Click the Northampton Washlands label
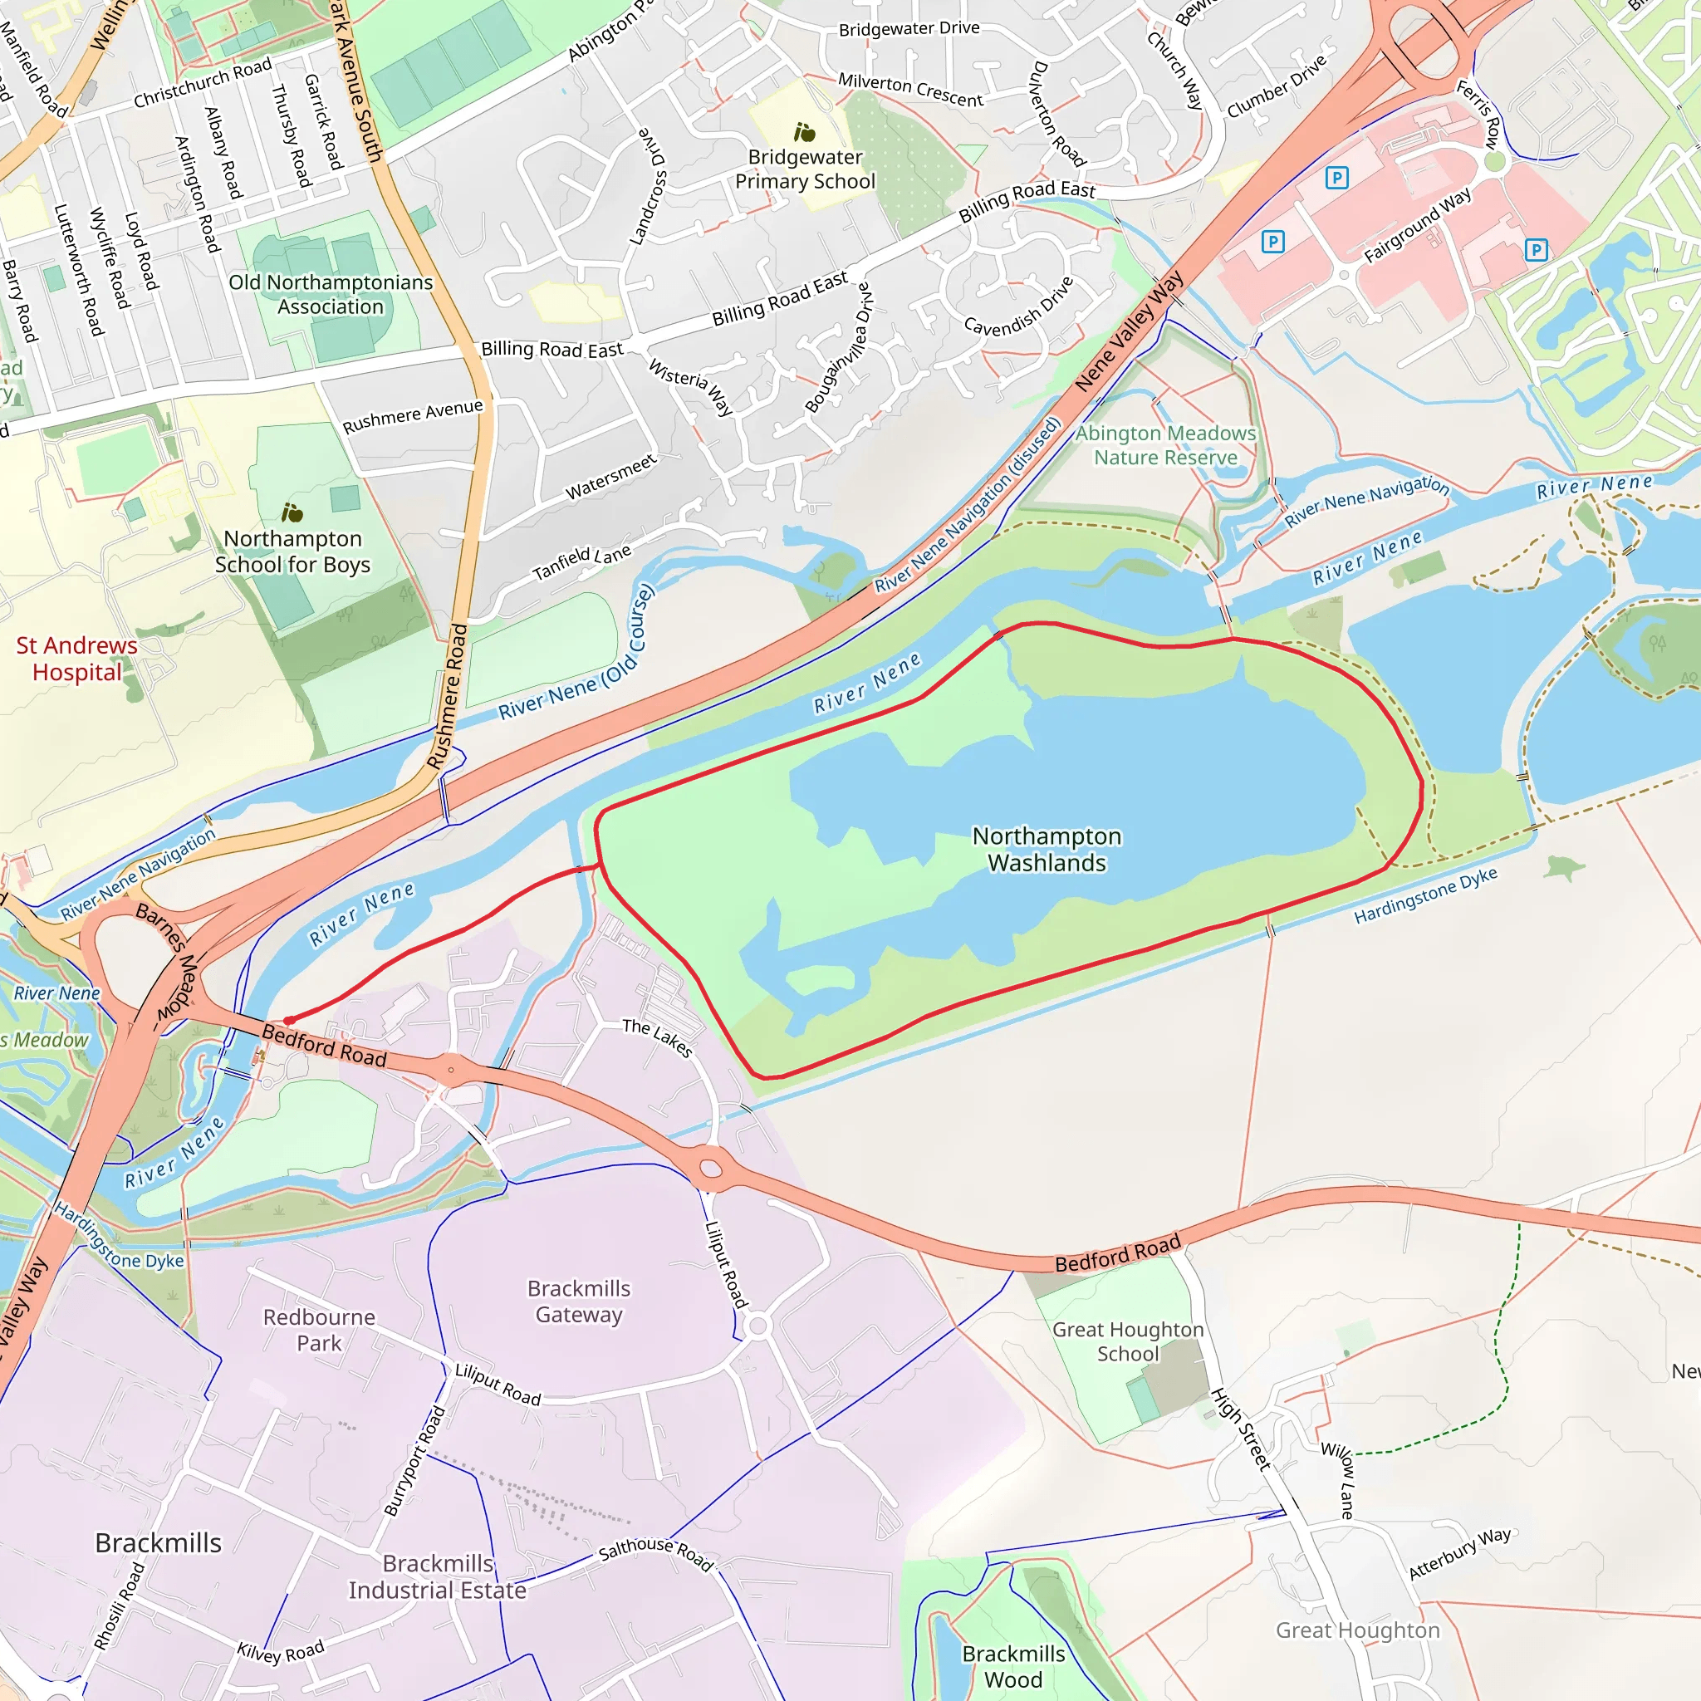[1046, 849]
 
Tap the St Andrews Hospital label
[76, 659]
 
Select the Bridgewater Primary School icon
[804, 133]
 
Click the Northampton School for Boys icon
[292, 512]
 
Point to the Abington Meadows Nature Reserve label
[1164, 445]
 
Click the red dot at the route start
[289, 1021]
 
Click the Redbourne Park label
[319, 1330]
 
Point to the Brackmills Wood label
[1013, 1666]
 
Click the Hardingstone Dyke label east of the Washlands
[1424, 895]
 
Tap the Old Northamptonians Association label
[331, 294]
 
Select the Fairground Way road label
[1417, 225]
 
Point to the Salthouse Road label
[655, 1554]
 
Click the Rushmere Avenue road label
[412, 416]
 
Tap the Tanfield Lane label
[581, 563]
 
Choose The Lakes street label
[657, 1037]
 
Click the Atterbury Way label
[1460, 1554]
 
